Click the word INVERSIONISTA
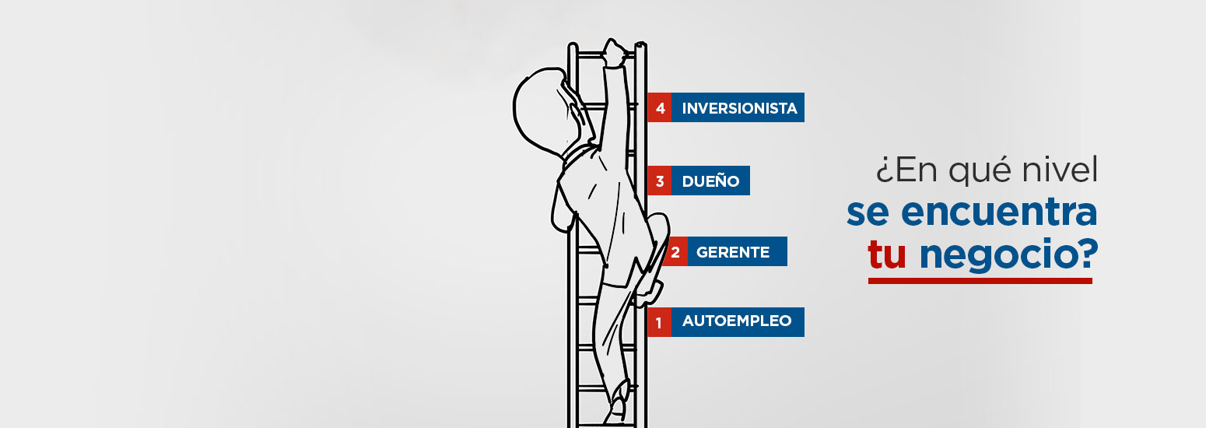[739, 108]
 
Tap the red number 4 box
[660, 107]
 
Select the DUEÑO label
[710, 181]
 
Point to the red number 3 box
[660, 181]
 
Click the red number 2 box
[675, 251]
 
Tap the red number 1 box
[660, 322]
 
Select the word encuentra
[999, 212]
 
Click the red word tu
[887, 254]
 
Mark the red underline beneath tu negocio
[980, 280]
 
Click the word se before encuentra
[868, 213]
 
